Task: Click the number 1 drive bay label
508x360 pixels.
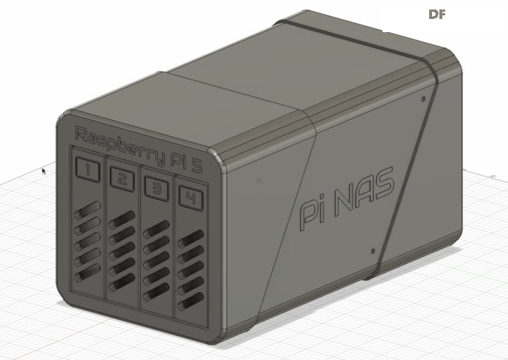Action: tap(88, 169)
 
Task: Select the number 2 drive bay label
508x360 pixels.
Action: tap(122, 179)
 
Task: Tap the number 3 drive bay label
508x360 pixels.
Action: tap(157, 188)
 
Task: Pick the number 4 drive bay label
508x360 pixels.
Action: tap(191, 198)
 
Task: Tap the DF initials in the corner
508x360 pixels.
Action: tap(437, 15)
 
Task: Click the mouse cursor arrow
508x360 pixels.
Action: tap(44, 171)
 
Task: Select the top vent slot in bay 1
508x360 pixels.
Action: tap(88, 210)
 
